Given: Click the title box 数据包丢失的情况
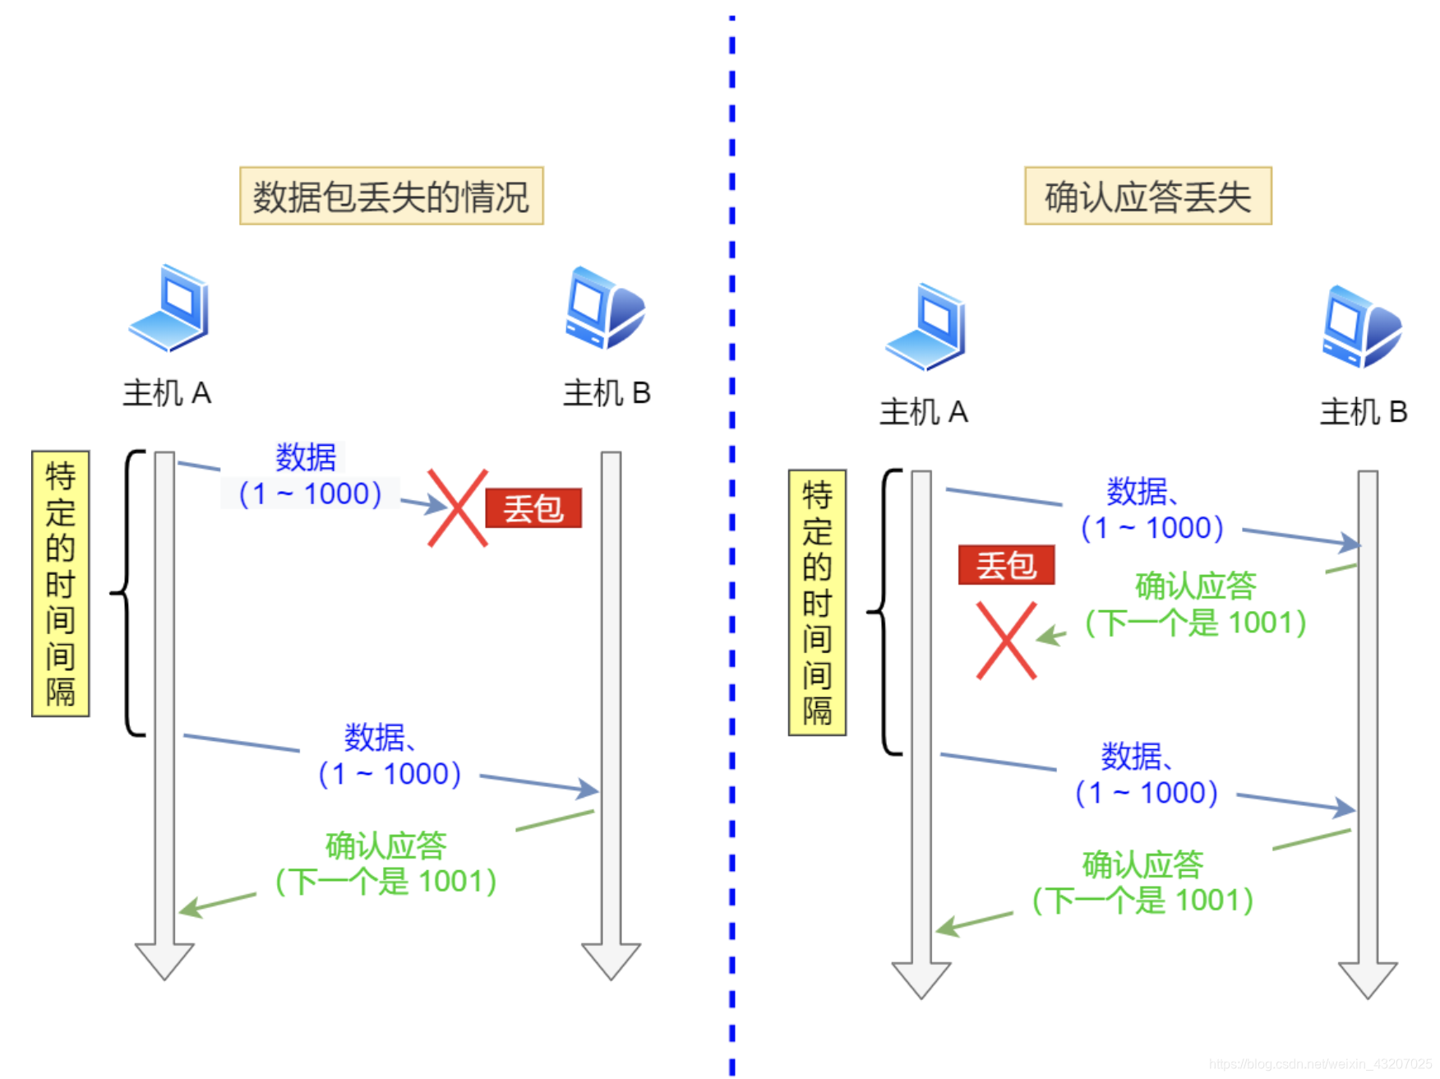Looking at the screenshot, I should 391,196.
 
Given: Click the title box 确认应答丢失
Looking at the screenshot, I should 1147,196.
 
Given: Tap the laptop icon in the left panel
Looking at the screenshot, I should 170,308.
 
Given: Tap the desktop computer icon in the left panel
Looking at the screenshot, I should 605,308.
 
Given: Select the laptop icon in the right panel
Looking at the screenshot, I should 926,327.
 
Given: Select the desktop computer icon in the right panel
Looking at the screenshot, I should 1362,326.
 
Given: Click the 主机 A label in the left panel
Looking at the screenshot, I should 167,393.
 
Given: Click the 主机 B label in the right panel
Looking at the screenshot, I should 1364,412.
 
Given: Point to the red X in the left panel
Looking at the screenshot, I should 458,508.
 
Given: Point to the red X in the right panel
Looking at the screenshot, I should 1006,641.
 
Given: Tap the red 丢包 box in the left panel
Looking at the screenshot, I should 533,508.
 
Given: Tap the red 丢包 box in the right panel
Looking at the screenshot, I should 1006,565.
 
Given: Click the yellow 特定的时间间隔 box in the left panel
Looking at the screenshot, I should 60,583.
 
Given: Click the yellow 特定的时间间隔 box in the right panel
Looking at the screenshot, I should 817,602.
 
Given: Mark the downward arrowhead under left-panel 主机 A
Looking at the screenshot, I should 164,960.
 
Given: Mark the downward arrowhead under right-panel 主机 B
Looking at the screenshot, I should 1368,979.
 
